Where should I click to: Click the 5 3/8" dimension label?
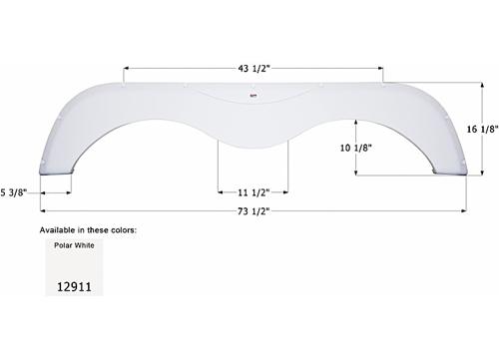20,190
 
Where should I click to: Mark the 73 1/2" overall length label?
252,211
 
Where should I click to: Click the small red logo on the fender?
253,97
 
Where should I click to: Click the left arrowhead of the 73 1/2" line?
43,211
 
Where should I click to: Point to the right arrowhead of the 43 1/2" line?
382,68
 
